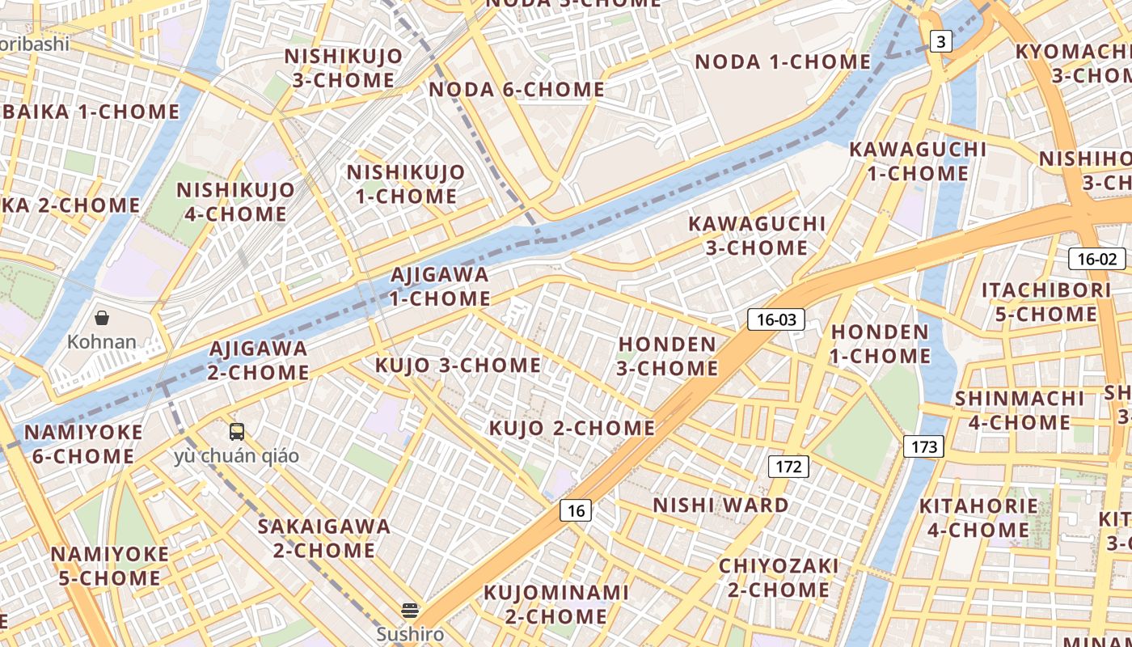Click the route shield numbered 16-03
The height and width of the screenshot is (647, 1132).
pyautogui.click(x=776, y=319)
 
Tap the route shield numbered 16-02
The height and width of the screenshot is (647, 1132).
pyautogui.click(x=1096, y=259)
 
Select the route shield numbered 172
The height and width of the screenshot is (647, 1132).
pyautogui.click(x=788, y=466)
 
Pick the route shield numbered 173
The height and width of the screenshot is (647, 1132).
pyautogui.click(x=923, y=446)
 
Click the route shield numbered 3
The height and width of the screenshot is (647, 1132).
pyautogui.click(x=940, y=41)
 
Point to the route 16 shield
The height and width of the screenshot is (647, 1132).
pyautogui.click(x=575, y=510)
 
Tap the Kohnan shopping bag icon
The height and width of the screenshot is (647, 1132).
pyautogui.click(x=102, y=318)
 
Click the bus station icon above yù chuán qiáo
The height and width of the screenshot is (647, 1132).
pyautogui.click(x=236, y=432)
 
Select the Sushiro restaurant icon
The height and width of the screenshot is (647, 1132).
pyautogui.click(x=410, y=611)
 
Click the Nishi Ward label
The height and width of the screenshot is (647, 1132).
pyautogui.click(x=720, y=505)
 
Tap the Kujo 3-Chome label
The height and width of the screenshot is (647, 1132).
pyautogui.click(x=458, y=366)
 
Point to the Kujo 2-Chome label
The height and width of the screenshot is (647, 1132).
pyautogui.click(x=572, y=428)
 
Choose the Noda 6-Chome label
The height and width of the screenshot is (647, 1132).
pyautogui.click(x=517, y=90)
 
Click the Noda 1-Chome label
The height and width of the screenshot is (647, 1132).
pyautogui.click(x=783, y=62)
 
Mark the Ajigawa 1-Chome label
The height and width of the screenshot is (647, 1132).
pyautogui.click(x=440, y=286)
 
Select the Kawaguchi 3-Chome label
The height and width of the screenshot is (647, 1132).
pyautogui.click(x=757, y=235)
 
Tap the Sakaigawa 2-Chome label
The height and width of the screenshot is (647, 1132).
pyautogui.click(x=324, y=539)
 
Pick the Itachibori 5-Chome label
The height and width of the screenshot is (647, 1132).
pyautogui.click(x=1045, y=302)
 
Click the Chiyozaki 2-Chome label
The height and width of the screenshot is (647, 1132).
pyautogui.click(x=779, y=577)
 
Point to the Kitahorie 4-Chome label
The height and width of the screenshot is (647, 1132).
pyautogui.click(x=978, y=518)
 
